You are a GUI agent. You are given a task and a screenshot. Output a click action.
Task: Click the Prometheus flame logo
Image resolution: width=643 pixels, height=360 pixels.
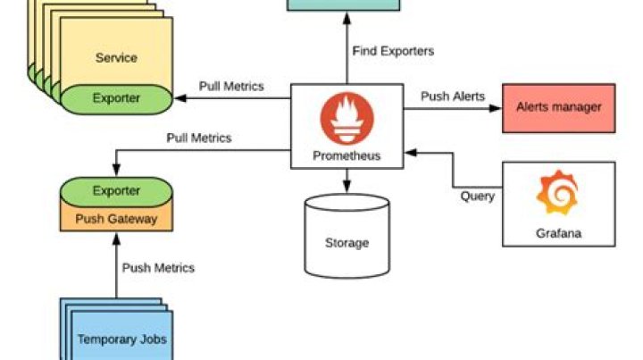(x=346, y=118)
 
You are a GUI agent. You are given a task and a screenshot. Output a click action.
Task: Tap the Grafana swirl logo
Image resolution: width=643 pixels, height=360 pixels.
(x=557, y=193)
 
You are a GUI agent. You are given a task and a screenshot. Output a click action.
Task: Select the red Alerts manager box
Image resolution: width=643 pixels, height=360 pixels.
(x=558, y=108)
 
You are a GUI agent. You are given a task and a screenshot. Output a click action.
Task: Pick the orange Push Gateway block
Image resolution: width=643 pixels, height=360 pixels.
(x=115, y=219)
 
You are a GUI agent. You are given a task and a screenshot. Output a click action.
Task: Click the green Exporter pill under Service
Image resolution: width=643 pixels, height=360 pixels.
(x=116, y=98)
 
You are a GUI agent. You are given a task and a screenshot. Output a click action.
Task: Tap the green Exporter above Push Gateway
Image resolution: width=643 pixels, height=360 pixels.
(x=116, y=191)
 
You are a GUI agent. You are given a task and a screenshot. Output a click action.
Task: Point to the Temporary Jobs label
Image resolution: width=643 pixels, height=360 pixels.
(x=121, y=339)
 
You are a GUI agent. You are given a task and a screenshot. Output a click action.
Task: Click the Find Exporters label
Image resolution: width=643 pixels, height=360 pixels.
(x=393, y=51)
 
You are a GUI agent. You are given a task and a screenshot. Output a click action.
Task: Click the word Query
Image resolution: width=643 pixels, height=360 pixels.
(x=477, y=196)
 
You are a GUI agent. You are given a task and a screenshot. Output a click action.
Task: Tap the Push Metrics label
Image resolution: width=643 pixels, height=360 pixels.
(x=158, y=267)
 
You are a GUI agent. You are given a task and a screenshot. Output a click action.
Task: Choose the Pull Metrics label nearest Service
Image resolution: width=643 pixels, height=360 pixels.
(x=231, y=87)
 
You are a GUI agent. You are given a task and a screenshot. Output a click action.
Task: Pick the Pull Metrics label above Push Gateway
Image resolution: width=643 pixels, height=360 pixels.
(x=198, y=138)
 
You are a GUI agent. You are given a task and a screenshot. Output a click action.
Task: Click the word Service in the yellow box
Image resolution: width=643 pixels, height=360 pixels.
(x=116, y=58)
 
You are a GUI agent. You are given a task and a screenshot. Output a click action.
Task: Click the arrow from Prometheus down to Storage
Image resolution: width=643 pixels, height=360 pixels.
(x=347, y=181)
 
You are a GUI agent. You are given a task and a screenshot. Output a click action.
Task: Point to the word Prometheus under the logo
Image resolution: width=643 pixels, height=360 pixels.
(x=347, y=155)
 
